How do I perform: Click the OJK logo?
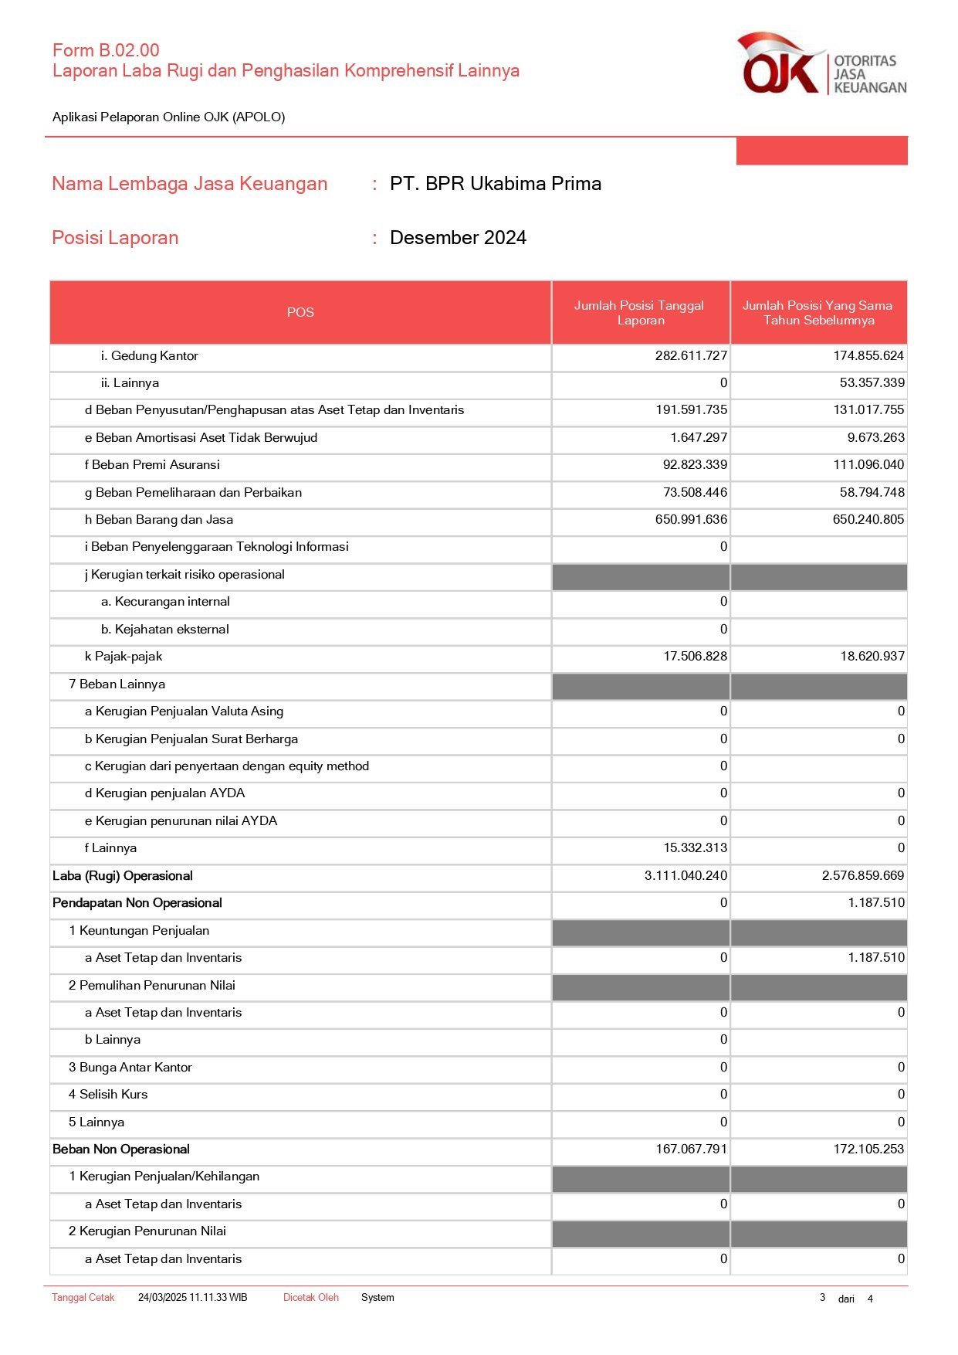pyautogui.click(x=821, y=65)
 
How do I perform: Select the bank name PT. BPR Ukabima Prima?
pyautogui.click(x=495, y=184)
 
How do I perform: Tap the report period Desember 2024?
pyautogui.click(x=458, y=238)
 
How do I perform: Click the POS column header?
pyautogui.click(x=300, y=312)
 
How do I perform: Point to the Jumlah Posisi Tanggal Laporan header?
pyautogui.click(x=639, y=313)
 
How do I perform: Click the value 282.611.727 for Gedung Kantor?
pyautogui.click(x=691, y=355)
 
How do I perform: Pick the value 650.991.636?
pyautogui.click(x=691, y=519)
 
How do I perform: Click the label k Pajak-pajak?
pyautogui.click(x=124, y=656)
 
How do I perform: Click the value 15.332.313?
pyautogui.click(x=695, y=847)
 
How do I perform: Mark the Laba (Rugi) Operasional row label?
pyautogui.click(x=123, y=875)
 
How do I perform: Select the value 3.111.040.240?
pyautogui.click(x=685, y=875)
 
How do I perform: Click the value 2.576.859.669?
pyautogui.click(x=862, y=875)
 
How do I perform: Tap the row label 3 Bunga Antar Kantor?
pyautogui.click(x=130, y=1067)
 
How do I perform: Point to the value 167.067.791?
pyautogui.click(x=691, y=1149)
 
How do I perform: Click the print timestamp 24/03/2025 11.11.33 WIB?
pyautogui.click(x=192, y=1297)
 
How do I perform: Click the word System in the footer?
pyautogui.click(x=377, y=1297)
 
